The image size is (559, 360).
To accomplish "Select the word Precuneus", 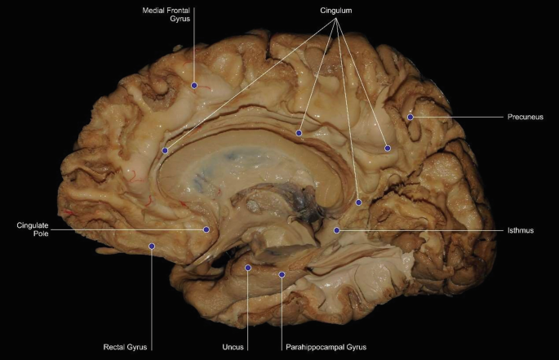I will [524, 117].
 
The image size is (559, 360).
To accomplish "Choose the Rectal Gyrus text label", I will [124, 346].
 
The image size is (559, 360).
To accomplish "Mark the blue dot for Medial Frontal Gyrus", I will [194, 85].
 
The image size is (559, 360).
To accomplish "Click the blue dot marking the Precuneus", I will [411, 118].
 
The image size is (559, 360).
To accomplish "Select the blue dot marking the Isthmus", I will [337, 231].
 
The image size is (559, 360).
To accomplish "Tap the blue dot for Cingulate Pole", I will [206, 230].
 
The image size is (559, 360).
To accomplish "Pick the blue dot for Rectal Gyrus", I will [152, 245].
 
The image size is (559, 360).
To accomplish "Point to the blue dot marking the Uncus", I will [248, 267].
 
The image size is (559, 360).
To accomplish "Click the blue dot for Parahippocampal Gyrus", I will [282, 274].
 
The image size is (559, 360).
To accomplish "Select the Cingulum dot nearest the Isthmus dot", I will [359, 201].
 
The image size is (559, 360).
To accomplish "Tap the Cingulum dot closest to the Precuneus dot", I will [388, 148].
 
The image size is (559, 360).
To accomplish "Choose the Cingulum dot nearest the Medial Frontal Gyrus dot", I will [166, 150].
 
